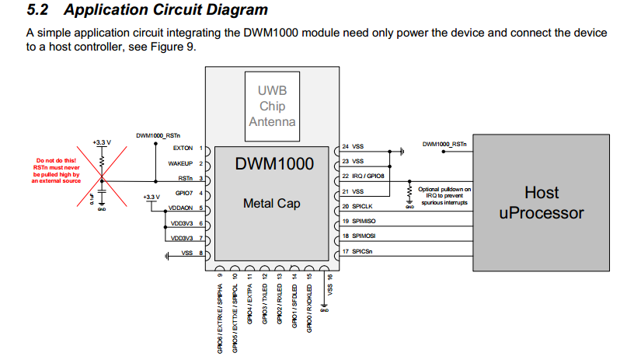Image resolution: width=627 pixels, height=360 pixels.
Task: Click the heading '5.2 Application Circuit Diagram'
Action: tap(148, 10)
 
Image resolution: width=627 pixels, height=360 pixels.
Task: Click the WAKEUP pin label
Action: tap(179, 163)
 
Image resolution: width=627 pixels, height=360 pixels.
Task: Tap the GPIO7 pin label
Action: tap(183, 193)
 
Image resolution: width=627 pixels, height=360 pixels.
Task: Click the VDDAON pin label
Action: tap(179, 208)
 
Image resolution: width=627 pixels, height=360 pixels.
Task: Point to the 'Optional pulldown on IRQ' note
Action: tap(444, 195)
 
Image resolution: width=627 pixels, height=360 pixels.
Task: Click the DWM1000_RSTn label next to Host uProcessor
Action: tap(444, 144)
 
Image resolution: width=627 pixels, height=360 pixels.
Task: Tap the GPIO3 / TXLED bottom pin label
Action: tap(265, 307)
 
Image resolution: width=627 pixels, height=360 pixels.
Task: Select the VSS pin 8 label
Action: tap(186, 253)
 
